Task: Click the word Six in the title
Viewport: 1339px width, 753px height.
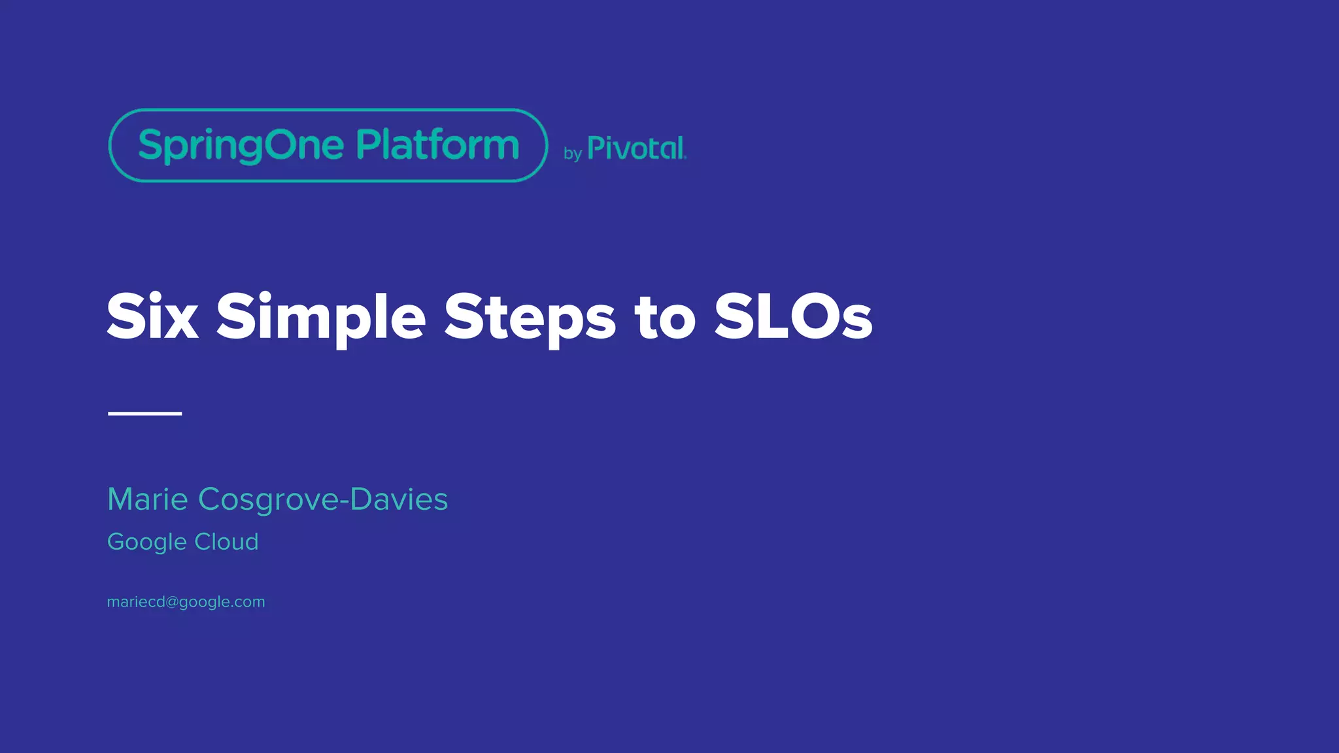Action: tap(152, 317)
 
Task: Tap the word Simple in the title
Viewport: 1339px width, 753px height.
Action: tap(320, 317)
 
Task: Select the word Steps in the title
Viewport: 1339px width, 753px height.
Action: tap(530, 317)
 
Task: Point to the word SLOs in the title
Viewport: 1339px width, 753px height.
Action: tap(793, 317)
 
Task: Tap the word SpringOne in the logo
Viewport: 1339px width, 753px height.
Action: tap(241, 145)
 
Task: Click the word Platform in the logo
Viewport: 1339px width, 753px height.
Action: tap(437, 144)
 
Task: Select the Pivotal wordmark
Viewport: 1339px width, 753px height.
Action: tap(636, 148)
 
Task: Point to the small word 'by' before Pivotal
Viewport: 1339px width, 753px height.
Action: tap(573, 154)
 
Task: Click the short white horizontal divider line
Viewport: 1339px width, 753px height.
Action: tap(144, 413)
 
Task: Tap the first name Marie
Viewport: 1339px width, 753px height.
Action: tap(148, 499)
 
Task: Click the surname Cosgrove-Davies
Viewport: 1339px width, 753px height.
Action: tap(323, 499)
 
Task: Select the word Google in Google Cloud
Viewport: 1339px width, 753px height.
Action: tap(147, 542)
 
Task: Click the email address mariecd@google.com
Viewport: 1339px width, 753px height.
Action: tap(186, 602)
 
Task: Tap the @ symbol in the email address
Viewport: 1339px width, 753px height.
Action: tap(172, 602)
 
